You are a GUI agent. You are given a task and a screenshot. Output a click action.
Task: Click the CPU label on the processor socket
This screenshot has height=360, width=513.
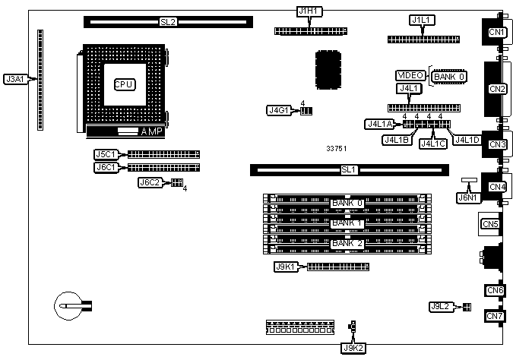coord(124,84)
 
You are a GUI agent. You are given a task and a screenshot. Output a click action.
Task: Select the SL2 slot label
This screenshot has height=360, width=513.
coord(168,22)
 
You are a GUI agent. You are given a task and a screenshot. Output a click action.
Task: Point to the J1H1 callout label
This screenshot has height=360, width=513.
coord(309,11)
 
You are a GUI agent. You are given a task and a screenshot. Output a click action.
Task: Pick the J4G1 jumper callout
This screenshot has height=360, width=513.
coord(279,110)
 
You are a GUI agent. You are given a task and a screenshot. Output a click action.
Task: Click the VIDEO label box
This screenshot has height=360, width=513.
coord(411,75)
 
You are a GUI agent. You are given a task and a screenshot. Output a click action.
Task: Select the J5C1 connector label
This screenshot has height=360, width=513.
coord(105,154)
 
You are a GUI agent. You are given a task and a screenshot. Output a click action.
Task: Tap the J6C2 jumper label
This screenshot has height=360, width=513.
coord(149,182)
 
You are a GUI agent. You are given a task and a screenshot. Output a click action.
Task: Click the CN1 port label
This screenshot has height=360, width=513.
coord(497,32)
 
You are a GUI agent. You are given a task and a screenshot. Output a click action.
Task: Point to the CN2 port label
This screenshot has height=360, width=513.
coord(497,89)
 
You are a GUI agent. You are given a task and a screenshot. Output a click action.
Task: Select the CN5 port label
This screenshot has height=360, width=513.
coord(490,224)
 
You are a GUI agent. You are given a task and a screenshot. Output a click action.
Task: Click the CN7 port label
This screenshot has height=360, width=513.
coord(495,315)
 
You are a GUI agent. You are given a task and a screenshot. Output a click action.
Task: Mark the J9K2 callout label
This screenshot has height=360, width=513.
coord(353,348)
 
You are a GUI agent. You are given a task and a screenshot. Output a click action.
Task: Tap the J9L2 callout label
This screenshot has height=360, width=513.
coord(440,306)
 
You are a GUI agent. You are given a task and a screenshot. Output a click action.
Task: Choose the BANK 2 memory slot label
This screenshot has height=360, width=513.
coord(347,243)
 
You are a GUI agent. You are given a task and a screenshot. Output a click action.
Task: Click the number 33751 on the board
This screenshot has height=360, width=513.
coord(337,149)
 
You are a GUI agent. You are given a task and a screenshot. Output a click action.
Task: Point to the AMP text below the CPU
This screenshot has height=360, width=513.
coord(152,132)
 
